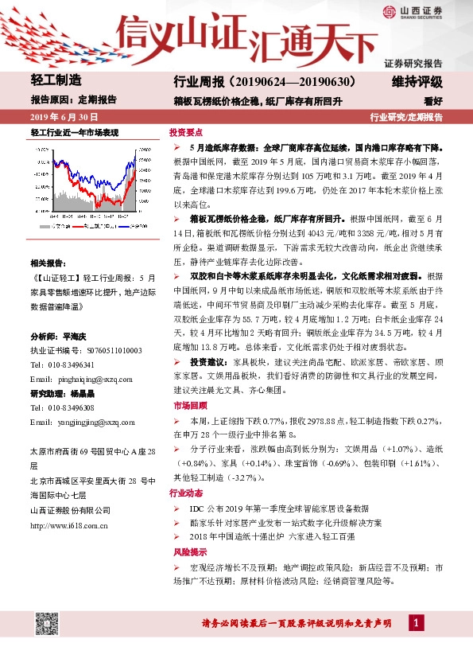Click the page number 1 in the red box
pyautogui.click(x=416, y=621)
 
